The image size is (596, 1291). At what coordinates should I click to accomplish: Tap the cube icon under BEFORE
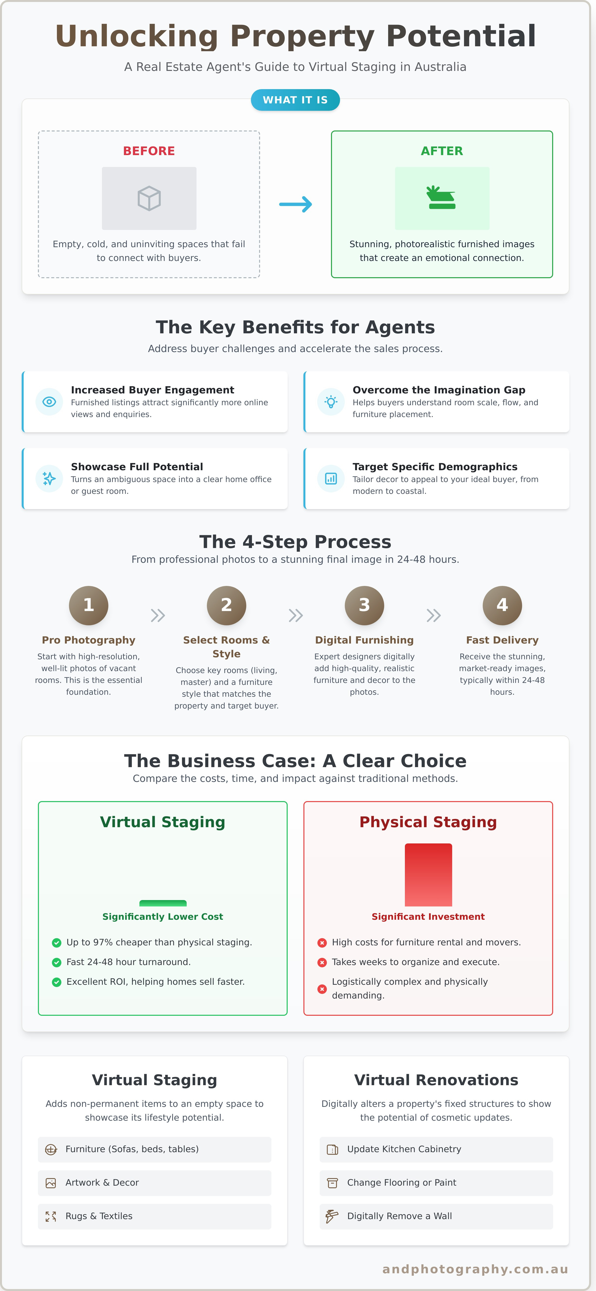point(149,198)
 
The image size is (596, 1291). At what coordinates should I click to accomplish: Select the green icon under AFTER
point(442,197)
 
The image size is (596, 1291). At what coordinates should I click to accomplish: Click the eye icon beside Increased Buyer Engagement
point(49,402)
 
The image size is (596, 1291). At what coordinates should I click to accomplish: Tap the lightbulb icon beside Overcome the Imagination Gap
point(331,402)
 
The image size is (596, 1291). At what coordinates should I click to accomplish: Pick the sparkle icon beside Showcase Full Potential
point(49,479)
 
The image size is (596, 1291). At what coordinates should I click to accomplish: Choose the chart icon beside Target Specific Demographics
point(331,479)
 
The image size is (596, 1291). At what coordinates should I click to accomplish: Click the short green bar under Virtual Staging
point(163,903)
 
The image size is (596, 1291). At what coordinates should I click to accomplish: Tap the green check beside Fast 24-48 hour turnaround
point(57,962)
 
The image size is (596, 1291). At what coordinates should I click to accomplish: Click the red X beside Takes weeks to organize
point(322,962)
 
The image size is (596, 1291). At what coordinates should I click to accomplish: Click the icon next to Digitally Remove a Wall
point(332,1216)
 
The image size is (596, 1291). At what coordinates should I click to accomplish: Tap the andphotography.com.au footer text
point(475,1269)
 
